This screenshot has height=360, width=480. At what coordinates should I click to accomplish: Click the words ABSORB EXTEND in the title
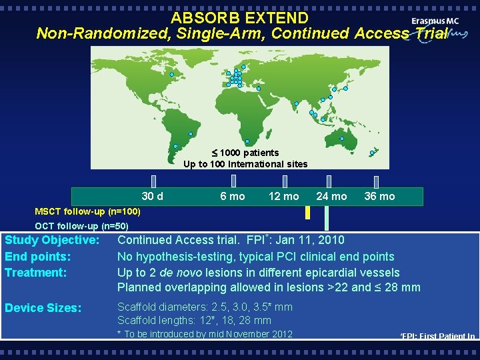pos(239,18)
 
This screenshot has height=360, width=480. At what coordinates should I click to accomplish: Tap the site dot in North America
pos(171,74)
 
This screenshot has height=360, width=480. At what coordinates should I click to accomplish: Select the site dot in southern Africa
pos(247,141)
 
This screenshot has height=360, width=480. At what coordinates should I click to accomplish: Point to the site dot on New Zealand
pos(372,153)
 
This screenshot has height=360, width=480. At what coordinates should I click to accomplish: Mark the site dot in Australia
pos(341,139)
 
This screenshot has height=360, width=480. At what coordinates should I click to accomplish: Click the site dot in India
pos(296,103)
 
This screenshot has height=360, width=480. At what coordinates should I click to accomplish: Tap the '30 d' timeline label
pos(153,196)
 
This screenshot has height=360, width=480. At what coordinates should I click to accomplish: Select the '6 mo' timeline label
pos(233,196)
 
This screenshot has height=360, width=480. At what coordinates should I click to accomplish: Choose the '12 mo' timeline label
pos(283,196)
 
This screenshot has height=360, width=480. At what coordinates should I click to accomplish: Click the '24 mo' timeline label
pos(331,196)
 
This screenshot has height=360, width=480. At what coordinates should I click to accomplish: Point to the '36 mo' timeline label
pos(379,196)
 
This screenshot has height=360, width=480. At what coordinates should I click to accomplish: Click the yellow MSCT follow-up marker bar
pos(307,213)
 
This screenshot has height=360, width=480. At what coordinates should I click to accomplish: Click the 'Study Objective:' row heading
pos(52,240)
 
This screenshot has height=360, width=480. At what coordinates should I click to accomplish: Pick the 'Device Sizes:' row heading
pos(43,308)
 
